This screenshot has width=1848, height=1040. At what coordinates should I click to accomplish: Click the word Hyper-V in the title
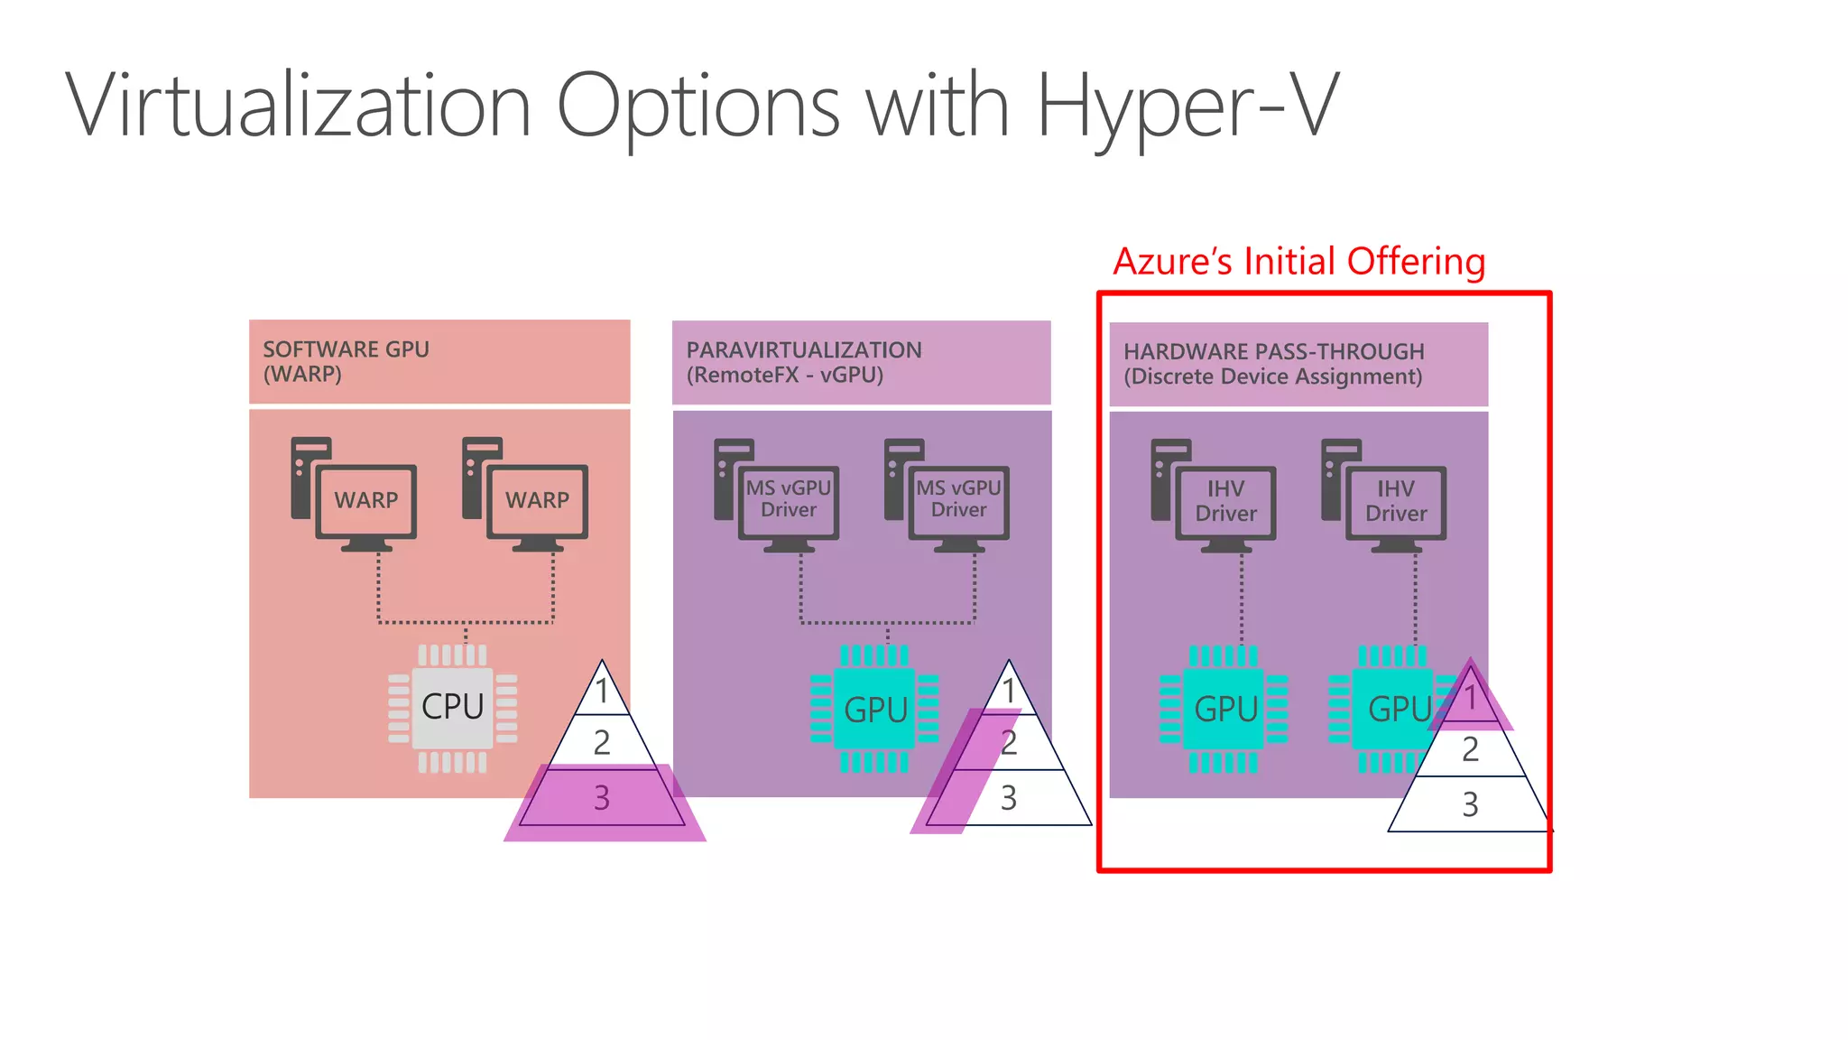(x=1187, y=107)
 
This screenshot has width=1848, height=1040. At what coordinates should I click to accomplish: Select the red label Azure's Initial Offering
(x=1298, y=262)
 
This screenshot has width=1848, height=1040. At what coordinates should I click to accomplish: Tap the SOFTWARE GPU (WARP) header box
(x=439, y=361)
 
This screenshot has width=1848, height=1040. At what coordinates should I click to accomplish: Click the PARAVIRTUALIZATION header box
(x=861, y=362)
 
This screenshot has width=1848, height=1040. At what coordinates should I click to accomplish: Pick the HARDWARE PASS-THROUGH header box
(x=1298, y=364)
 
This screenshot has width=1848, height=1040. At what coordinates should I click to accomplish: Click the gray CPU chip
(x=453, y=707)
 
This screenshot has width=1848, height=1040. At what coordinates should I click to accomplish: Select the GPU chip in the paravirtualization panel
(x=874, y=709)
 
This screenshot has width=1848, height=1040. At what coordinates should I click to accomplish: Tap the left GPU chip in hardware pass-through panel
(x=1224, y=709)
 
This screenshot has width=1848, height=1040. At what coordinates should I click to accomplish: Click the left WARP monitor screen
(x=366, y=500)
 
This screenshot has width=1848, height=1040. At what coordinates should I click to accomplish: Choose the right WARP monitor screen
(x=538, y=500)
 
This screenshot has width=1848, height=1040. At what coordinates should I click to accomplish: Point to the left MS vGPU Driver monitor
(x=789, y=500)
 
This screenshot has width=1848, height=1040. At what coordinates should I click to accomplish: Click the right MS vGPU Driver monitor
(x=958, y=500)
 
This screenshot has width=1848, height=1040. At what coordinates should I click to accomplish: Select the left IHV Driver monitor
(x=1225, y=502)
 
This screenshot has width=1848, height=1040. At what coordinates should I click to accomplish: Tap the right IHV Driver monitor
(x=1396, y=502)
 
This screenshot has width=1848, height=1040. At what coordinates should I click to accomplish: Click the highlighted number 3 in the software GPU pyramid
(x=602, y=798)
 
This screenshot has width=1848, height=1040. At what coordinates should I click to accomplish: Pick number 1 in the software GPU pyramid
(x=602, y=692)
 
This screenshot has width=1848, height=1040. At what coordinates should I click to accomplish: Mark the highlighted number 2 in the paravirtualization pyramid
(x=1008, y=743)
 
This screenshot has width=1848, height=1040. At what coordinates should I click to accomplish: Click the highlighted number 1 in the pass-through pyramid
(x=1470, y=697)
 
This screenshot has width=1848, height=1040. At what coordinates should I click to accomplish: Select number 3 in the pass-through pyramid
(x=1470, y=804)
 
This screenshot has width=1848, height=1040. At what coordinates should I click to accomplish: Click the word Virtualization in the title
(x=298, y=107)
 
